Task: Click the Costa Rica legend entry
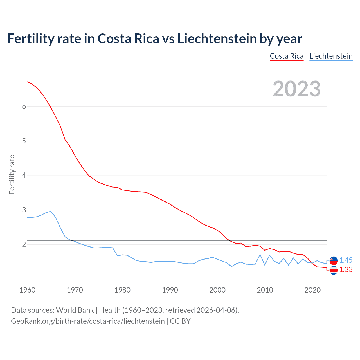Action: pyautogui.click(x=287, y=56)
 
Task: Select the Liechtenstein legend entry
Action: pyautogui.click(x=331, y=56)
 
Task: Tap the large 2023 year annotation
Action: pyautogui.click(x=296, y=89)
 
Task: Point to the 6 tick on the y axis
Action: pyautogui.click(x=24, y=106)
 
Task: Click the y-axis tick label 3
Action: pyautogui.click(x=24, y=210)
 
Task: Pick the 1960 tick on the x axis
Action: pyautogui.click(x=27, y=290)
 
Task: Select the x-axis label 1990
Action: pyautogui.click(x=170, y=290)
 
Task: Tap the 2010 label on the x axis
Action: pyautogui.click(x=265, y=290)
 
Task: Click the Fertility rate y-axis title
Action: pyautogui.click(x=12, y=174)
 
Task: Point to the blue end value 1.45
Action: pyautogui.click(x=346, y=260)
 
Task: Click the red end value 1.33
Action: pyautogui.click(x=346, y=269)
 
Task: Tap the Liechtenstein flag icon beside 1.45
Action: pyautogui.click(x=334, y=260)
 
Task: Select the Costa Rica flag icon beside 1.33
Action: pyautogui.click(x=334, y=270)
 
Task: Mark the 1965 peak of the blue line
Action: pyautogui.click(x=51, y=211)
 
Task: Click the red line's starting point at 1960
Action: pyautogui.click(x=27, y=82)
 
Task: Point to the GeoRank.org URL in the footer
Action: pyautogui.click(x=88, y=321)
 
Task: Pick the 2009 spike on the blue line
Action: pyautogui.click(x=260, y=254)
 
